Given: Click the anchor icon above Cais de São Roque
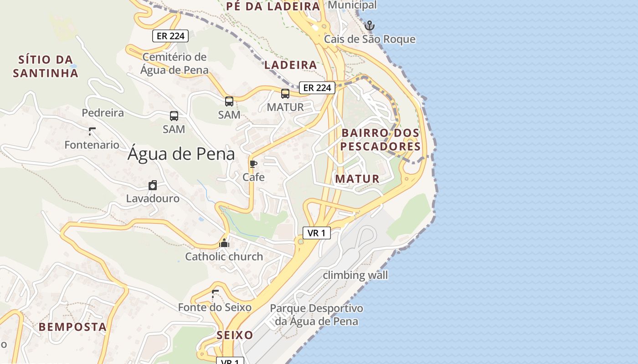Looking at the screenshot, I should [x=370, y=25].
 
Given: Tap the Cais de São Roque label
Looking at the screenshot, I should [x=370, y=39].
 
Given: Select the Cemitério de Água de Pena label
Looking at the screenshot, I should [x=174, y=63].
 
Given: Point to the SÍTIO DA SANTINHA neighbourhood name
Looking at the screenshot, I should [x=46, y=66].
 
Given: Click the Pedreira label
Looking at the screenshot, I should [x=103, y=113].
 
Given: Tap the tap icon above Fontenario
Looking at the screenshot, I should [x=92, y=132].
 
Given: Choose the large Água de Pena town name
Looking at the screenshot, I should [x=181, y=154].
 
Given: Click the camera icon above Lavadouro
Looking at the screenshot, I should [x=153, y=185].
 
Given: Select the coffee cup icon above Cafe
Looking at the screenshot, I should [x=253, y=164].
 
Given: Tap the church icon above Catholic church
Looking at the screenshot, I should [x=224, y=243].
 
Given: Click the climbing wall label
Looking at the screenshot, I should [x=355, y=275].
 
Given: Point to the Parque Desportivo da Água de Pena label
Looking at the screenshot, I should [x=317, y=315].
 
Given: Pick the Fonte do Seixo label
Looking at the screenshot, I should [x=214, y=308].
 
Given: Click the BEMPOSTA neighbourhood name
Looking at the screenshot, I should [x=72, y=327].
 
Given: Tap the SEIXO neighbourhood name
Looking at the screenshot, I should [x=235, y=335].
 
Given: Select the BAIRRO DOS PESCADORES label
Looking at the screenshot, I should [x=381, y=140].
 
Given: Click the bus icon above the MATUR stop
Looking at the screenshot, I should [x=285, y=94].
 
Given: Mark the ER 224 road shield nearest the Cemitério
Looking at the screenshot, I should [x=170, y=36].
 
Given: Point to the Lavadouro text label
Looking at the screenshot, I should [x=153, y=199].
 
